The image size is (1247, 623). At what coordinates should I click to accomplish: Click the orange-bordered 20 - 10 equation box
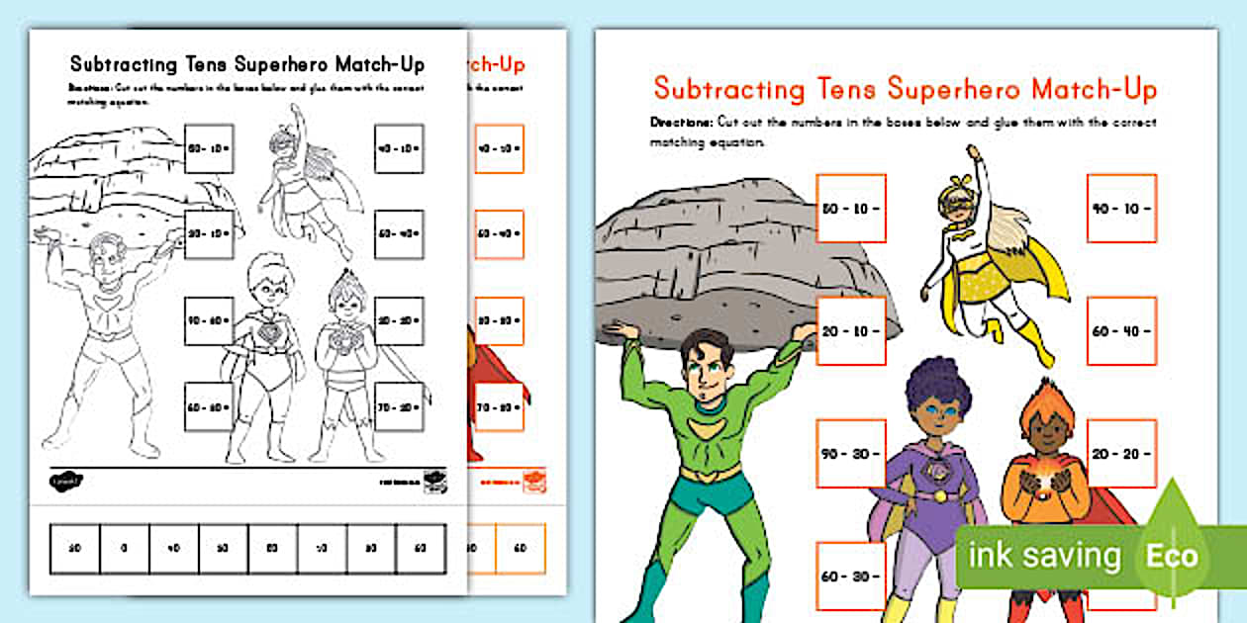tap(851, 330)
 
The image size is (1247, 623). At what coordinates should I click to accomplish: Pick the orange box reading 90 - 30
tap(851, 454)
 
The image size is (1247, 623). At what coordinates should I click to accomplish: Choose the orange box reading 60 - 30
tap(851, 576)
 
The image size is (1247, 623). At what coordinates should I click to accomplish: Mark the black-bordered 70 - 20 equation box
tap(400, 406)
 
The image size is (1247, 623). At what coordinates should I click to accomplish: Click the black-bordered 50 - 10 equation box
tap(208, 148)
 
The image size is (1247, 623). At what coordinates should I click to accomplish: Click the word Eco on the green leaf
tap(1173, 556)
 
